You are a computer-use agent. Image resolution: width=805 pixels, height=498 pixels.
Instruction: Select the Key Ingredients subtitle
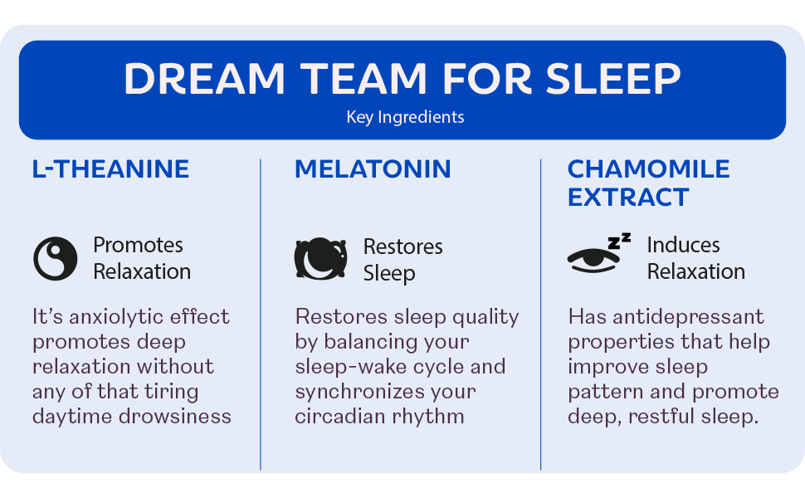(405, 117)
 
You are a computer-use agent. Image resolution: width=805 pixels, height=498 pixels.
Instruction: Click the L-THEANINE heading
(110, 169)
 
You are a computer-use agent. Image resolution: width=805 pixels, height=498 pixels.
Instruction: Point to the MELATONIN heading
(373, 169)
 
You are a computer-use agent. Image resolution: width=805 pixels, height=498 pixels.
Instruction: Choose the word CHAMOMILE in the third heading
(648, 169)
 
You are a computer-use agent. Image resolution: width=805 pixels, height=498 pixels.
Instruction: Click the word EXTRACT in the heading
(628, 198)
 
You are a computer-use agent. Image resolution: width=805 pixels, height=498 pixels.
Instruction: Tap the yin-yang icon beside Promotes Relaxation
(56, 258)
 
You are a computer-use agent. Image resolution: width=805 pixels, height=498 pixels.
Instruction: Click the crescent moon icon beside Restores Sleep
(320, 259)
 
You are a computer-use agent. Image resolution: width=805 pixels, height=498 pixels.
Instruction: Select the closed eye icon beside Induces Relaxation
(593, 259)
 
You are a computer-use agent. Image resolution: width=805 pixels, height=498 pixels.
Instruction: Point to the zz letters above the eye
(619, 242)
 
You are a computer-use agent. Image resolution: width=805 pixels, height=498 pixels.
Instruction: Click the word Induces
(683, 245)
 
